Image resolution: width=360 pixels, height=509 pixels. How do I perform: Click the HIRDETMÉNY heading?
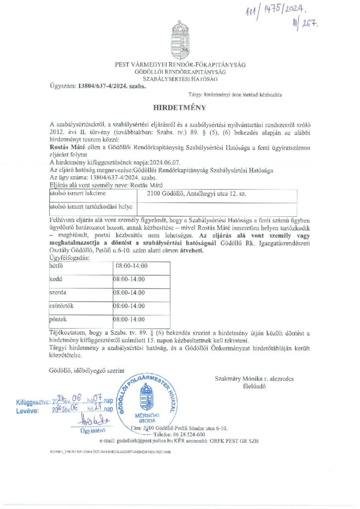pos(180,107)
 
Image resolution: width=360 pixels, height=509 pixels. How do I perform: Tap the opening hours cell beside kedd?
pos(130,279)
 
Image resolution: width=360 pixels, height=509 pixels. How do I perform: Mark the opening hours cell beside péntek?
pos(130,319)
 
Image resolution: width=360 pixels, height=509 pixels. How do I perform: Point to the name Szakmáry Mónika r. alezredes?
pos(254,379)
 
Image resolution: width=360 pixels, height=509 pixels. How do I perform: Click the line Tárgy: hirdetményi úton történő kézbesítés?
pos(235,94)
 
